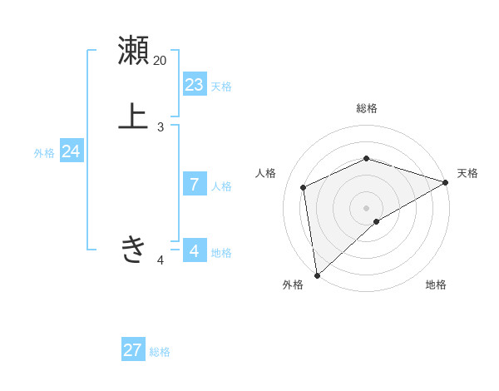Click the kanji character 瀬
click(133, 51)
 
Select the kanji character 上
click(133, 116)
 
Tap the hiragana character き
click(133, 249)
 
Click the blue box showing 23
click(195, 85)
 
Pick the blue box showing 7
click(195, 185)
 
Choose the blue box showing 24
click(72, 151)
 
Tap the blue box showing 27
click(133, 350)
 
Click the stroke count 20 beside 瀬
click(161, 60)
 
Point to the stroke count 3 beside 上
click(161, 127)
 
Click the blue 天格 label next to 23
click(221, 87)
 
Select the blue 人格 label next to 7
click(221, 186)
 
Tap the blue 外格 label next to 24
click(44, 153)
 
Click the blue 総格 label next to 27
click(160, 352)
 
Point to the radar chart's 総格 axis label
click(367, 108)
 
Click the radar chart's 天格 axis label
click(467, 173)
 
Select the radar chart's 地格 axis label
click(436, 285)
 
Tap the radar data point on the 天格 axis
click(446, 182)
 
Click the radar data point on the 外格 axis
click(317, 275)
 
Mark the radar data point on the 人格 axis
click(304, 187)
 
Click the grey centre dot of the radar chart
click(367, 207)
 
